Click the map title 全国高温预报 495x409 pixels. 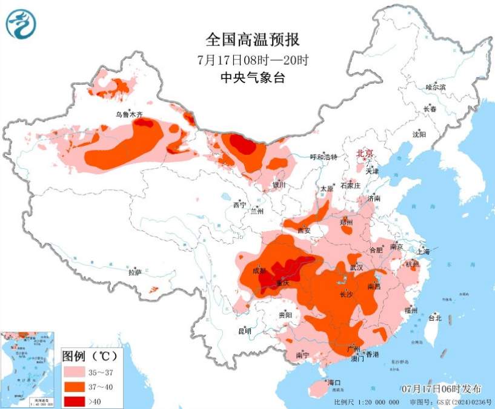(253, 40)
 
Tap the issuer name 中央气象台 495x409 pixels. (253, 77)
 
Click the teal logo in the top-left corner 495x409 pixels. (21, 24)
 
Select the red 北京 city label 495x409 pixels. (365, 153)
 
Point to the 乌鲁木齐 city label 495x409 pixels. (128, 114)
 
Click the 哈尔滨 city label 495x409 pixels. (434, 88)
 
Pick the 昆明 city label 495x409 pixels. (244, 331)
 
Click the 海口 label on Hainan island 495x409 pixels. (334, 382)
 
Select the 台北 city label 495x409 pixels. (434, 318)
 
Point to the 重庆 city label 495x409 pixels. (279, 283)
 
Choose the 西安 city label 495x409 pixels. (304, 230)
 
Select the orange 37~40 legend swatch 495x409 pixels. (75, 386)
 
